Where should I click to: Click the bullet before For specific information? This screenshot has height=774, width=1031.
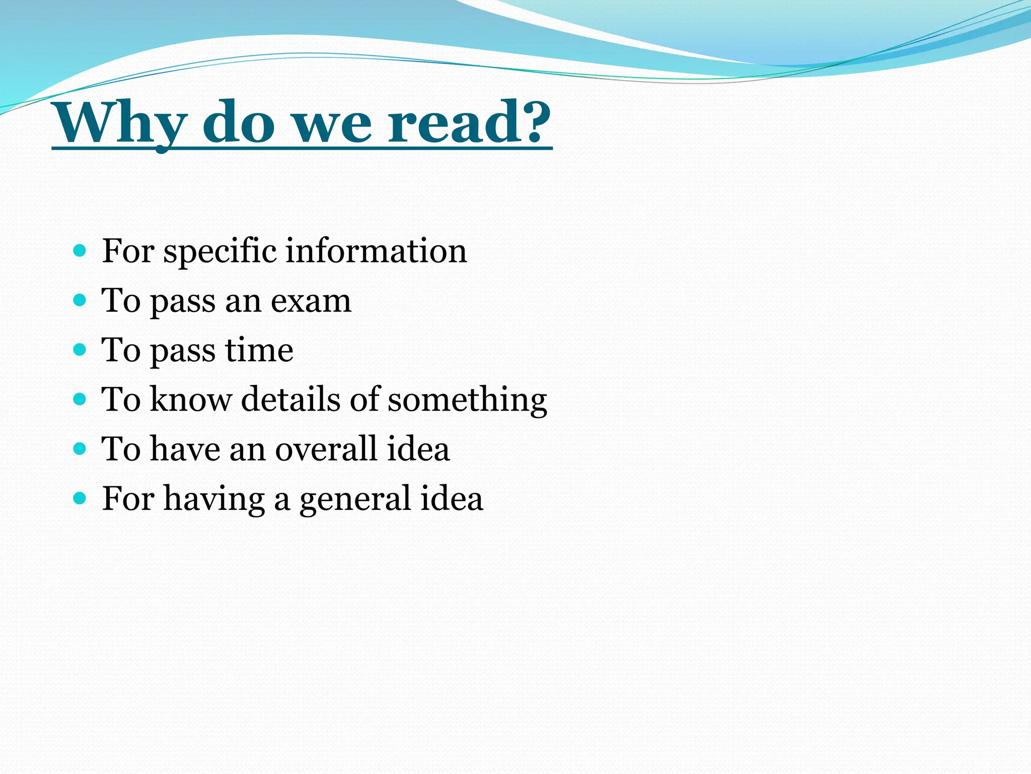click(80, 250)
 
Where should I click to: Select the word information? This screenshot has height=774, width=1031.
click(376, 250)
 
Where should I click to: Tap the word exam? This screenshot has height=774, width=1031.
click(311, 301)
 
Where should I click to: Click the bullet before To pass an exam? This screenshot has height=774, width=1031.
click(80, 300)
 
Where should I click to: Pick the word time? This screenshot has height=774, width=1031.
click(259, 350)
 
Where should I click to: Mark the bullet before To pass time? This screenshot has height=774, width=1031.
click(80, 349)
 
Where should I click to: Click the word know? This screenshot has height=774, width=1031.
click(191, 399)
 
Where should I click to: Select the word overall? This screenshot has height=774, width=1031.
click(326, 448)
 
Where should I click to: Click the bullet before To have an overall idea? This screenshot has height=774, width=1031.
click(80, 448)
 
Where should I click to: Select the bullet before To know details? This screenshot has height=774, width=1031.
click(80, 399)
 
